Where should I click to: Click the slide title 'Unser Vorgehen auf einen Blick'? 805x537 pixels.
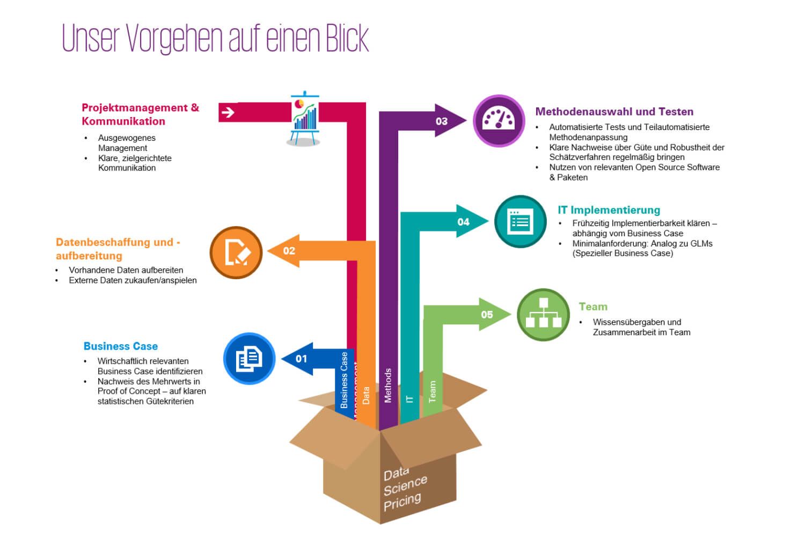pyautogui.click(x=215, y=38)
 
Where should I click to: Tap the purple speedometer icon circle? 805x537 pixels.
pyautogui.click(x=499, y=120)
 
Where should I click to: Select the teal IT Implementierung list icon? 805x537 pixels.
pyautogui.click(x=519, y=221)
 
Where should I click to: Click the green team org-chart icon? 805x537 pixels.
pyautogui.click(x=543, y=314)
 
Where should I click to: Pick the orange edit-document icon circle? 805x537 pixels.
pyautogui.click(x=236, y=252)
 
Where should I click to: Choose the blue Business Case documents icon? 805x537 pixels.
pyautogui.click(x=249, y=358)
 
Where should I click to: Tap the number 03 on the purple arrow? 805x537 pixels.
pyautogui.click(x=442, y=121)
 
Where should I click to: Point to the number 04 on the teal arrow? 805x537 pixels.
pyautogui.click(x=464, y=222)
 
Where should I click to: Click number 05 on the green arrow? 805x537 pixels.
pyautogui.click(x=487, y=315)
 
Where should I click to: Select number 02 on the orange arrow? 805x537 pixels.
pyautogui.click(x=289, y=251)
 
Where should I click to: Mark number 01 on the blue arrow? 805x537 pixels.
pyautogui.click(x=302, y=359)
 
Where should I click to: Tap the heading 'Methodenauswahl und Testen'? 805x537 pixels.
pyautogui.click(x=614, y=112)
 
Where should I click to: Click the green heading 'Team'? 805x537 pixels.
pyautogui.click(x=593, y=307)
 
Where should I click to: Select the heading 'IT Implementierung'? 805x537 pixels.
pyautogui.click(x=609, y=210)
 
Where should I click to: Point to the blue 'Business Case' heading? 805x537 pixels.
pyautogui.click(x=121, y=346)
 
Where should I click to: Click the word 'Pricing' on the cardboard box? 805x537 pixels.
pyautogui.click(x=402, y=502)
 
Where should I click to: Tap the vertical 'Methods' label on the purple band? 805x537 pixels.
pyautogui.click(x=388, y=386)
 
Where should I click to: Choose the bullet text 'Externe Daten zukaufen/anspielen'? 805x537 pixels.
pyautogui.click(x=133, y=280)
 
